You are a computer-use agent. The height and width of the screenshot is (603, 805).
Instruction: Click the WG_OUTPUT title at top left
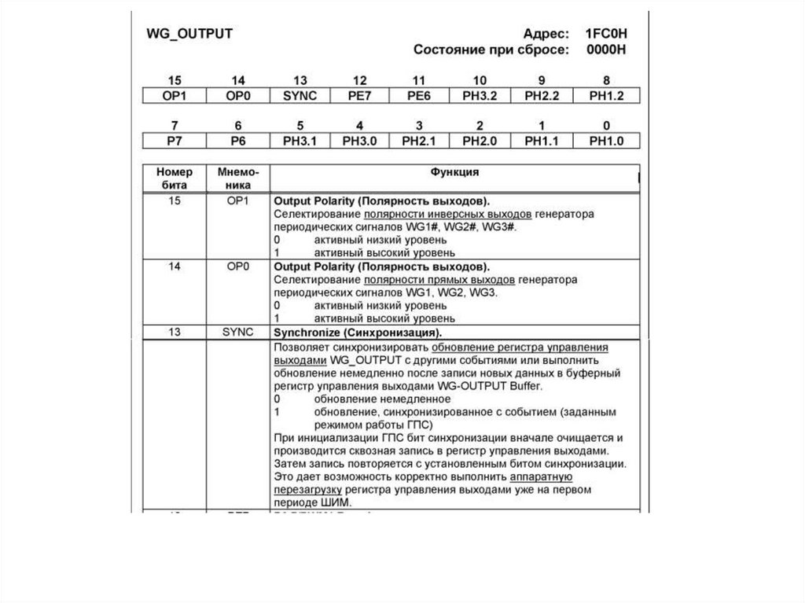tap(190, 34)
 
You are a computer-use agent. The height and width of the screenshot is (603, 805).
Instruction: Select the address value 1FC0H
tap(606, 34)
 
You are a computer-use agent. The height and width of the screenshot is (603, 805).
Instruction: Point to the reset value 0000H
tap(608, 50)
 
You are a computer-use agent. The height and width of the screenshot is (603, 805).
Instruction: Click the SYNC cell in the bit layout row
tap(300, 96)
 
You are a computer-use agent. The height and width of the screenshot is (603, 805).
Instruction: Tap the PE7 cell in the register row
tap(359, 96)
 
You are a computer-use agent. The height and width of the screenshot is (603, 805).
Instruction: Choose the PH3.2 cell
tap(480, 96)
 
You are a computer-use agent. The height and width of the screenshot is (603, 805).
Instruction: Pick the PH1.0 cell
tap(606, 141)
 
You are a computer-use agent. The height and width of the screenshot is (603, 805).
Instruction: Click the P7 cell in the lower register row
tap(175, 141)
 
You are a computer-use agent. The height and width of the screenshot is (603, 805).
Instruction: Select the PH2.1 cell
tap(418, 141)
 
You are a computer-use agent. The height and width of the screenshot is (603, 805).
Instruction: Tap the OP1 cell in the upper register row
tap(175, 96)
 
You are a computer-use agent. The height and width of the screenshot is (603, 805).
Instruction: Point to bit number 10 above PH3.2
tap(480, 80)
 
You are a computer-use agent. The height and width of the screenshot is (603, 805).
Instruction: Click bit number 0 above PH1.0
tap(606, 125)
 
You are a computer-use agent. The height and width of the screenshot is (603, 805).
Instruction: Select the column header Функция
tap(454, 171)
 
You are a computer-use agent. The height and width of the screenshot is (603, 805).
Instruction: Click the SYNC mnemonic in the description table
tap(237, 332)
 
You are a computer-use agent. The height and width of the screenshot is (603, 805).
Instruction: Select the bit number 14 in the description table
tap(175, 267)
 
